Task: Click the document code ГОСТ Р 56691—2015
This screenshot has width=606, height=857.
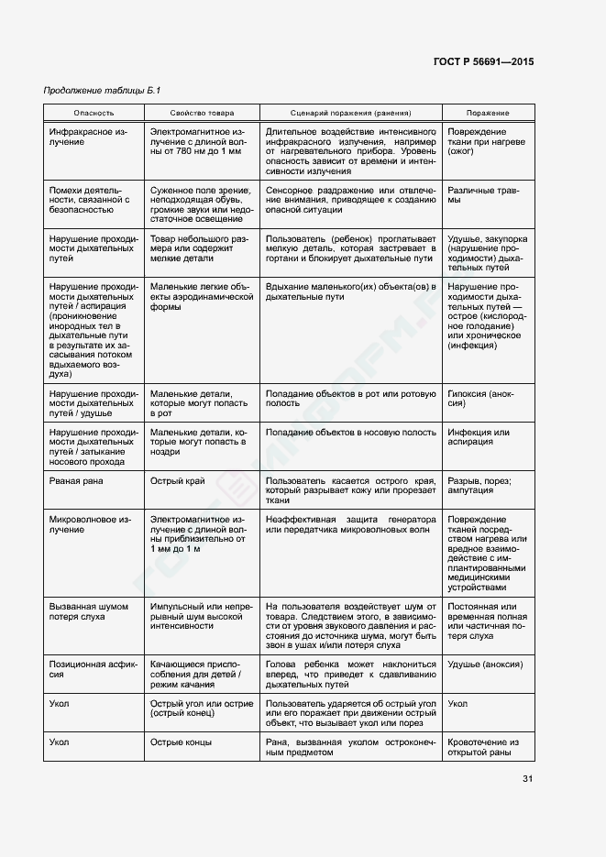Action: pos(482,62)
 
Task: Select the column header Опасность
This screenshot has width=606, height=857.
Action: pos(94,113)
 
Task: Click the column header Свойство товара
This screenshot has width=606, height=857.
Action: pos(201,113)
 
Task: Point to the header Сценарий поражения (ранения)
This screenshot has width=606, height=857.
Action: pos(350,113)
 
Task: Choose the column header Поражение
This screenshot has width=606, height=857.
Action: pos(488,113)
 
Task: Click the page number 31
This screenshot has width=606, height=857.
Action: pos(527,779)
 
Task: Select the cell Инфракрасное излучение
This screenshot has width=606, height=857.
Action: pos(88,137)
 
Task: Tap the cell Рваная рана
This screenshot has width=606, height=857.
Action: pos(76,480)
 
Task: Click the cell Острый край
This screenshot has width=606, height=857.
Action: pos(177,480)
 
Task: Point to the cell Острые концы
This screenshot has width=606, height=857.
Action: pos(182,742)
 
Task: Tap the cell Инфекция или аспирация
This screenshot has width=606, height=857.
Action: pos(478,437)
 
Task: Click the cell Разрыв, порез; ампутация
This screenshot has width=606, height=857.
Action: pos(479,486)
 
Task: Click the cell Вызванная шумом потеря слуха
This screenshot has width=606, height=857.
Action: pos(88,612)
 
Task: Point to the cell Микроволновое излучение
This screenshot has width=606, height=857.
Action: pos(88,525)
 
